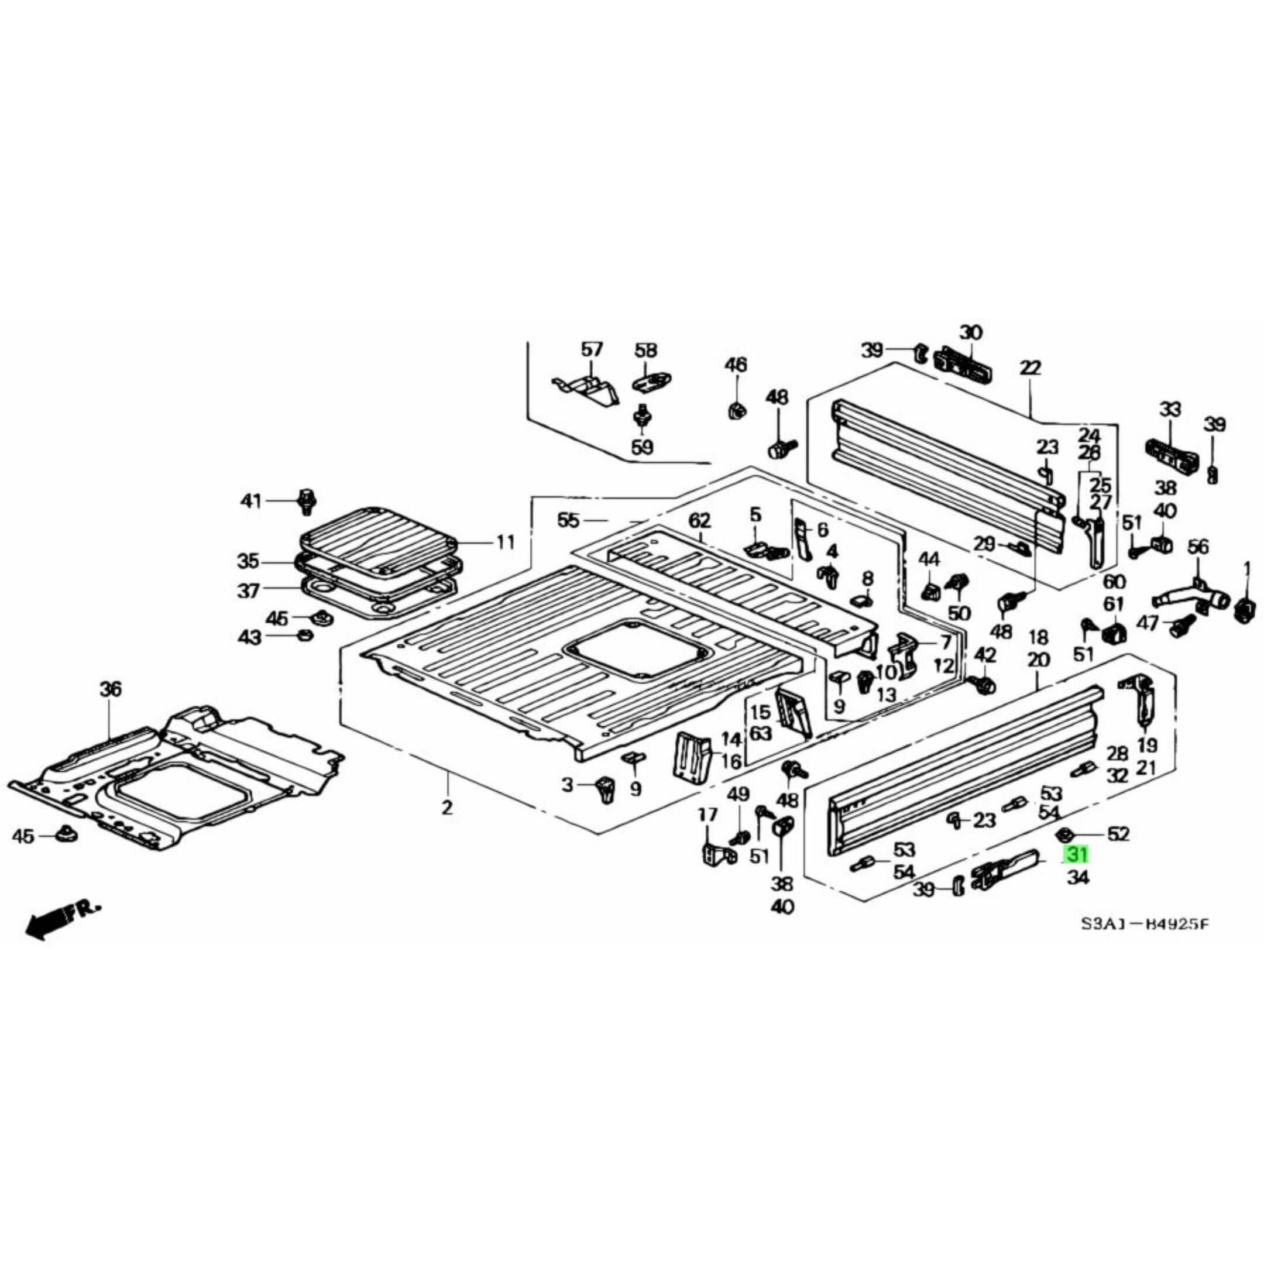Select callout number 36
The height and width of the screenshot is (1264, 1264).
111,689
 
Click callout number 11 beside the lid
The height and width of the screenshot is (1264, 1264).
505,542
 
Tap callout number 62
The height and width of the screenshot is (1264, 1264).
699,521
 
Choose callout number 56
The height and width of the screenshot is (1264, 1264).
1198,547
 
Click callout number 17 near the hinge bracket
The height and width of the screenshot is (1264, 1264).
707,815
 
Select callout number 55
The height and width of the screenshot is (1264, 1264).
569,521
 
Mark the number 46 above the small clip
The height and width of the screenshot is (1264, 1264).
736,365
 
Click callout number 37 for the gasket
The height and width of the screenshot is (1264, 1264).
248,591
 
